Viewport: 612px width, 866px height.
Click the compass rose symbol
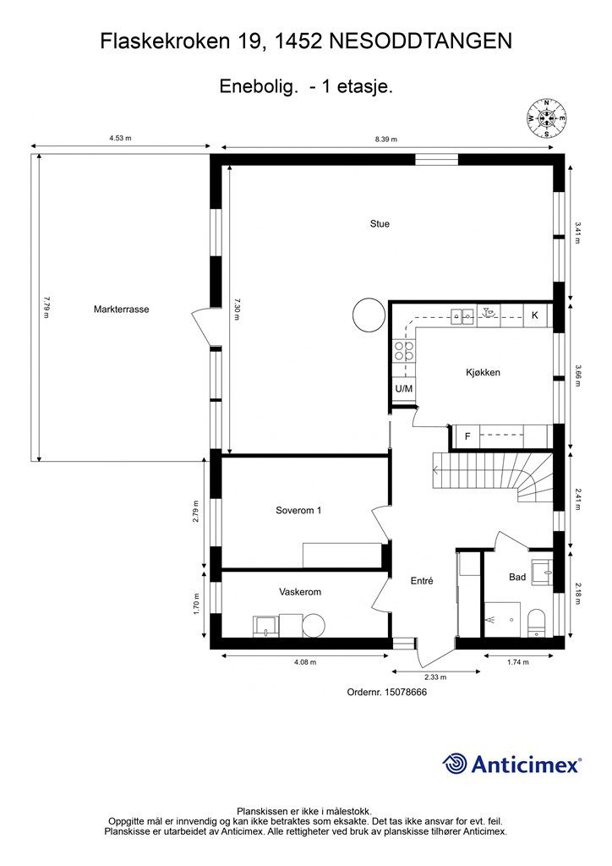(x=547, y=118)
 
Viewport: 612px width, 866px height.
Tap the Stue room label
(x=380, y=224)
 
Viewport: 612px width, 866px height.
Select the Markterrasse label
(x=121, y=310)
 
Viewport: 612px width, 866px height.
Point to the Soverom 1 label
(x=298, y=510)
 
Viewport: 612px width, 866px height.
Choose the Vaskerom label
(x=300, y=592)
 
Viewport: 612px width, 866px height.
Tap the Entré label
(x=421, y=581)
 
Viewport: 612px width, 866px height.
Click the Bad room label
(x=517, y=577)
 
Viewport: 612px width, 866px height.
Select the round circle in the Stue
(x=369, y=315)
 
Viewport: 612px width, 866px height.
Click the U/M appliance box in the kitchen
(x=404, y=389)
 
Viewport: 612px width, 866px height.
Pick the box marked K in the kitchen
(x=535, y=315)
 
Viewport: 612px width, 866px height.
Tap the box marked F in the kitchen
(x=467, y=437)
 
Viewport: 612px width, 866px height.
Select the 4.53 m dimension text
(x=120, y=139)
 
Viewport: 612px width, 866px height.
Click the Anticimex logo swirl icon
(x=456, y=764)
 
